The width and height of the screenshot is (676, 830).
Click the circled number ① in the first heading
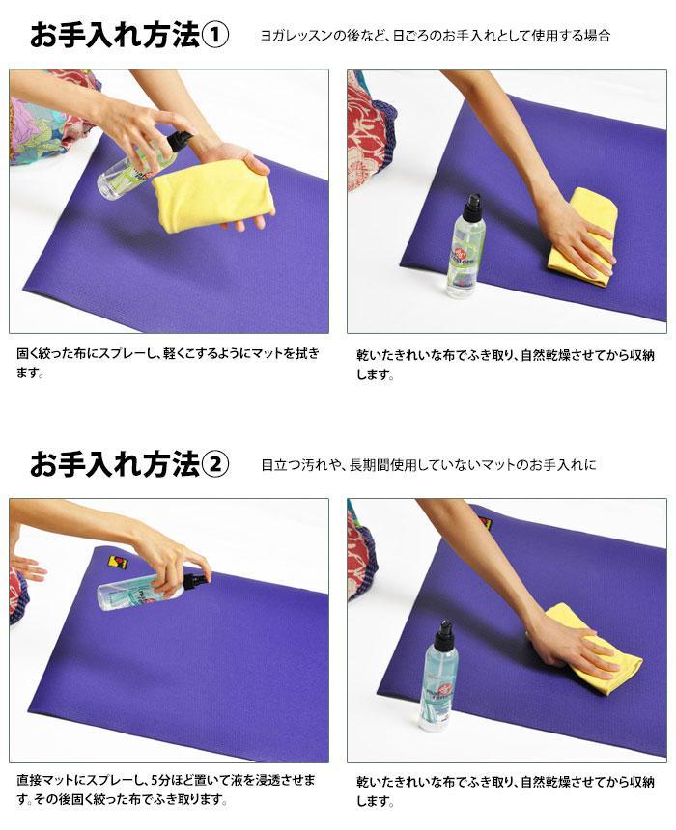[x=214, y=36]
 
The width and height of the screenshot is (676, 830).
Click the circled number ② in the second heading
[x=214, y=464]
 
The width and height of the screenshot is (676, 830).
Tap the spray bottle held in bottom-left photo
[x=151, y=590]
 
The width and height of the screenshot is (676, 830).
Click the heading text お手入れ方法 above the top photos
[x=115, y=36]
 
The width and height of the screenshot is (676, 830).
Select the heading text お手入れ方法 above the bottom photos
[x=115, y=464]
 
